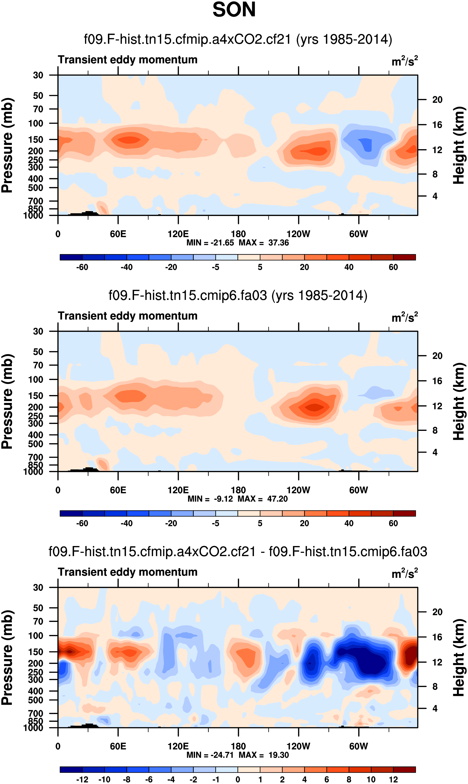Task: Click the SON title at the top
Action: coord(234,10)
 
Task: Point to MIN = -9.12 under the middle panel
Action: coord(210,499)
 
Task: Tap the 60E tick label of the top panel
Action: coord(118,234)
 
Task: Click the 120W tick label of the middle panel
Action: coord(298,490)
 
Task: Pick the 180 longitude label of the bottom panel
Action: coord(238,746)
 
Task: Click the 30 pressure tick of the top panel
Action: coord(38,75)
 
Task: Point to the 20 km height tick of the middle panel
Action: coord(437,356)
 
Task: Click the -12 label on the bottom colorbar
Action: coord(82,780)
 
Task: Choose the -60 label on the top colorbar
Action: coord(82,267)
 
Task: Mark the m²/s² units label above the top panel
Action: coord(405,61)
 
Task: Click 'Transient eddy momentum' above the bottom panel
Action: coord(127,572)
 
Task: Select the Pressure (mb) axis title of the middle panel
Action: coord(7,401)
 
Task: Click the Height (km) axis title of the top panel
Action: coord(459,145)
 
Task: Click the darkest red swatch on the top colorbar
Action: coord(404,257)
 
